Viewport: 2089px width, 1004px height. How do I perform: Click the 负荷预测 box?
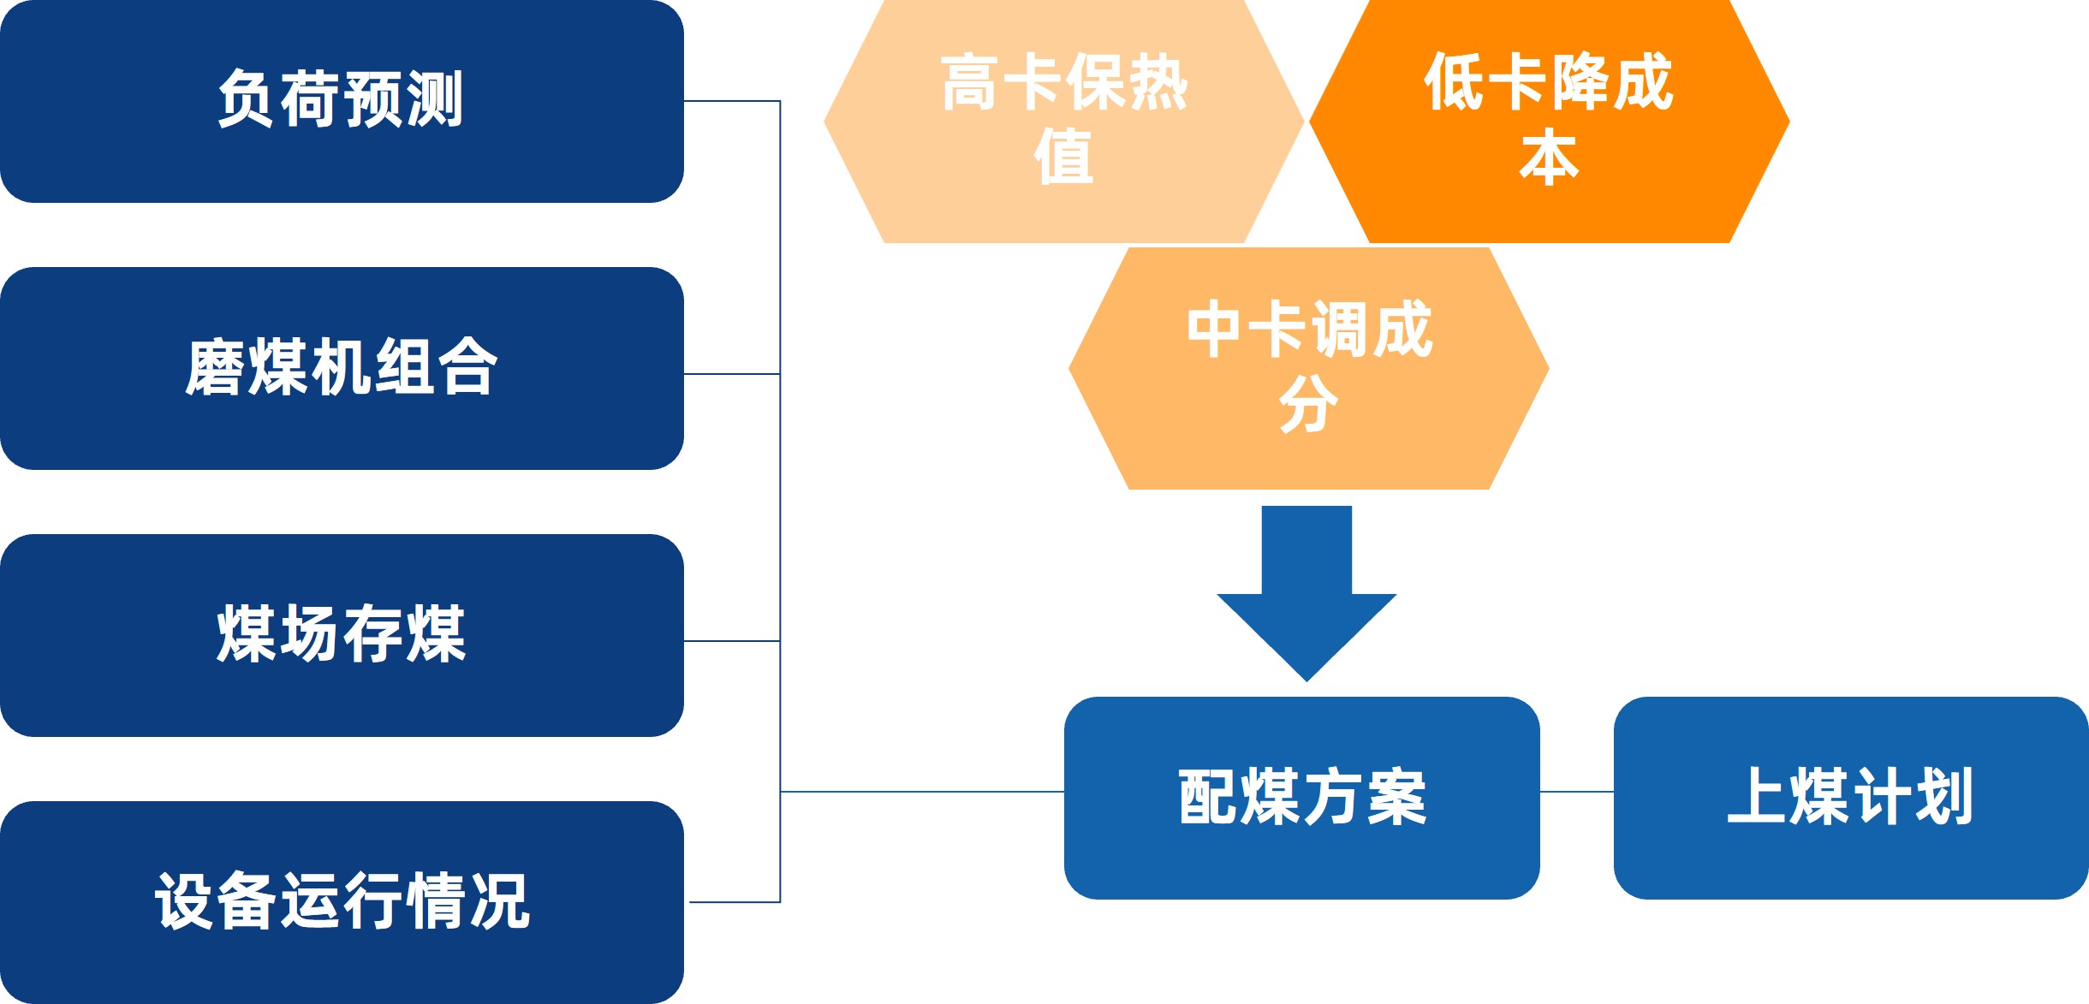(x=341, y=101)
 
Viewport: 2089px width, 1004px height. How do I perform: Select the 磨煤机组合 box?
(x=341, y=368)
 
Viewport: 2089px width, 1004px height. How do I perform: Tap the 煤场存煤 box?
(x=341, y=635)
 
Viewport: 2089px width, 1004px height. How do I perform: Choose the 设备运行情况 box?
(x=341, y=902)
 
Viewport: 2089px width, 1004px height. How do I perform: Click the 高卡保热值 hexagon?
(x=1063, y=122)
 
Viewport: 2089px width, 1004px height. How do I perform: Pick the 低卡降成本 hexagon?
(x=1550, y=122)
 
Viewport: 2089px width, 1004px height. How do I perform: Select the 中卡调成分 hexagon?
(x=1308, y=369)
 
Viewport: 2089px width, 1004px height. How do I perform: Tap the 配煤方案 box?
(x=1301, y=798)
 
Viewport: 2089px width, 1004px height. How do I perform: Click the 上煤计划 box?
(x=1851, y=798)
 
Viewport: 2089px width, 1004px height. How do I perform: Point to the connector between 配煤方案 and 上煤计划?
(x=1576, y=792)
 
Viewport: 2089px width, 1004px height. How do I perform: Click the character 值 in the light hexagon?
(x=1063, y=157)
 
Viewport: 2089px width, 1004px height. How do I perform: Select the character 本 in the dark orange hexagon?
(x=1550, y=157)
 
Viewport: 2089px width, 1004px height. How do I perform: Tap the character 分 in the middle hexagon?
(x=1308, y=404)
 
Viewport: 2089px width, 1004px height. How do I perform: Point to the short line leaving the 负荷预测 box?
(x=732, y=101)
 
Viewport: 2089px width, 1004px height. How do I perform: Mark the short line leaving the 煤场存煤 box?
(x=732, y=640)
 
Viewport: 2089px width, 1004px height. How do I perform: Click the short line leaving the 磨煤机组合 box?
(x=732, y=374)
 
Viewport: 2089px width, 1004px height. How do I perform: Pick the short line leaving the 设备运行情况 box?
(x=735, y=902)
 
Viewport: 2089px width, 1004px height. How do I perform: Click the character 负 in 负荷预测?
(x=247, y=99)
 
